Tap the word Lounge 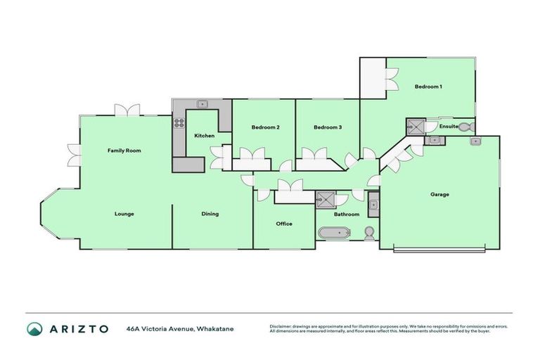[124, 214]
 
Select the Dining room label [210, 214]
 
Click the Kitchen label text [205, 136]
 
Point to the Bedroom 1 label [428, 86]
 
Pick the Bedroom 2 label [266, 127]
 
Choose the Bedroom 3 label [328, 127]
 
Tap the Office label [284, 224]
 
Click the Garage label [439, 195]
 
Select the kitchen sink [202, 104]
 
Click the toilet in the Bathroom [369, 231]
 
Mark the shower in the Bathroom [326, 199]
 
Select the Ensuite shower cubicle [416, 127]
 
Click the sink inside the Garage [476, 141]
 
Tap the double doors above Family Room [128, 110]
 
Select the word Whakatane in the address [215, 328]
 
